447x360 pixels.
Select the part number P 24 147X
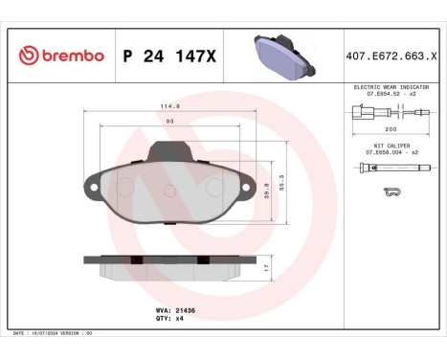coord(169,56)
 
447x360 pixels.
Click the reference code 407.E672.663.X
coord(391,56)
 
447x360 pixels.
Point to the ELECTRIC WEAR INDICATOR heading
coord(391,86)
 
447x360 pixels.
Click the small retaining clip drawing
coord(391,192)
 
